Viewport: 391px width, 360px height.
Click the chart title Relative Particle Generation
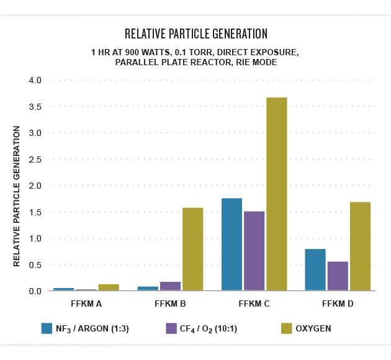[195, 33]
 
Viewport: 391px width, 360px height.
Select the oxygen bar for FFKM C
[277, 194]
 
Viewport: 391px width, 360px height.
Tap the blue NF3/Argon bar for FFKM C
[231, 244]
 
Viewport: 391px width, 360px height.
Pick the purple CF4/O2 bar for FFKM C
[254, 251]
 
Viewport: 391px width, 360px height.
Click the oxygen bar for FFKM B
[193, 249]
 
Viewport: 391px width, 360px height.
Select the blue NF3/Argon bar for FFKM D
[315, 269]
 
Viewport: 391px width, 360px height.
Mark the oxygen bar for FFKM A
[109, 287]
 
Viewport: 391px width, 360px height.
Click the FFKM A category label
[86, 305]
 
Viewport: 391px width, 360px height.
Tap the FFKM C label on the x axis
[254, 305]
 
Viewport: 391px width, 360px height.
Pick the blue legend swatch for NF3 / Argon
[47, 328]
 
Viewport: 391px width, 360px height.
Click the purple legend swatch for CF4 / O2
[172, 328]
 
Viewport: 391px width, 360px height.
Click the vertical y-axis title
[17, 196]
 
